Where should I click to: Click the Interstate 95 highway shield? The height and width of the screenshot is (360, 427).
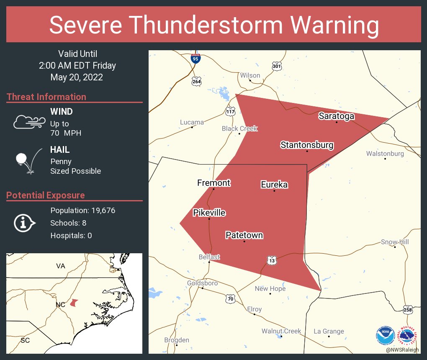(195, 59)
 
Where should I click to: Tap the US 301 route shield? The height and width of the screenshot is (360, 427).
(277, 66)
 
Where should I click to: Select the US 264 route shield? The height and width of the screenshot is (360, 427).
(197, 81)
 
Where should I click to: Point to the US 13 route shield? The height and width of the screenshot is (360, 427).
(272, 261)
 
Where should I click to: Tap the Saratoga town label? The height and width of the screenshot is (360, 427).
(336, 116)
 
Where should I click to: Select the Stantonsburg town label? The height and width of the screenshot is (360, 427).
(307, 145)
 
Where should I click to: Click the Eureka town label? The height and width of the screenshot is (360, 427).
(274, 185)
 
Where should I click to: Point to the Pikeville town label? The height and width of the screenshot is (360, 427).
(209, 213)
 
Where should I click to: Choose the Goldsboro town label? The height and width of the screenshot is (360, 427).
(202, 283)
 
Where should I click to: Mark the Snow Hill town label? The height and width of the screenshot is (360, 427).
(394, 242)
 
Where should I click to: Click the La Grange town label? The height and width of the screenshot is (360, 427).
(329, 332)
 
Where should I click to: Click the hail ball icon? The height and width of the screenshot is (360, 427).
(22, 159)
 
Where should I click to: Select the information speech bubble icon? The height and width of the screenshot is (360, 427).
(24, 223)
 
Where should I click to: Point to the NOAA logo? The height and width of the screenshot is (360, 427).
(385, 335)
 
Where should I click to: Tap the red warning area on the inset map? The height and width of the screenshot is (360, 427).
(74, 302)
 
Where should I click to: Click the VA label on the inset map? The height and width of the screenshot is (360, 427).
(61, 266)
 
